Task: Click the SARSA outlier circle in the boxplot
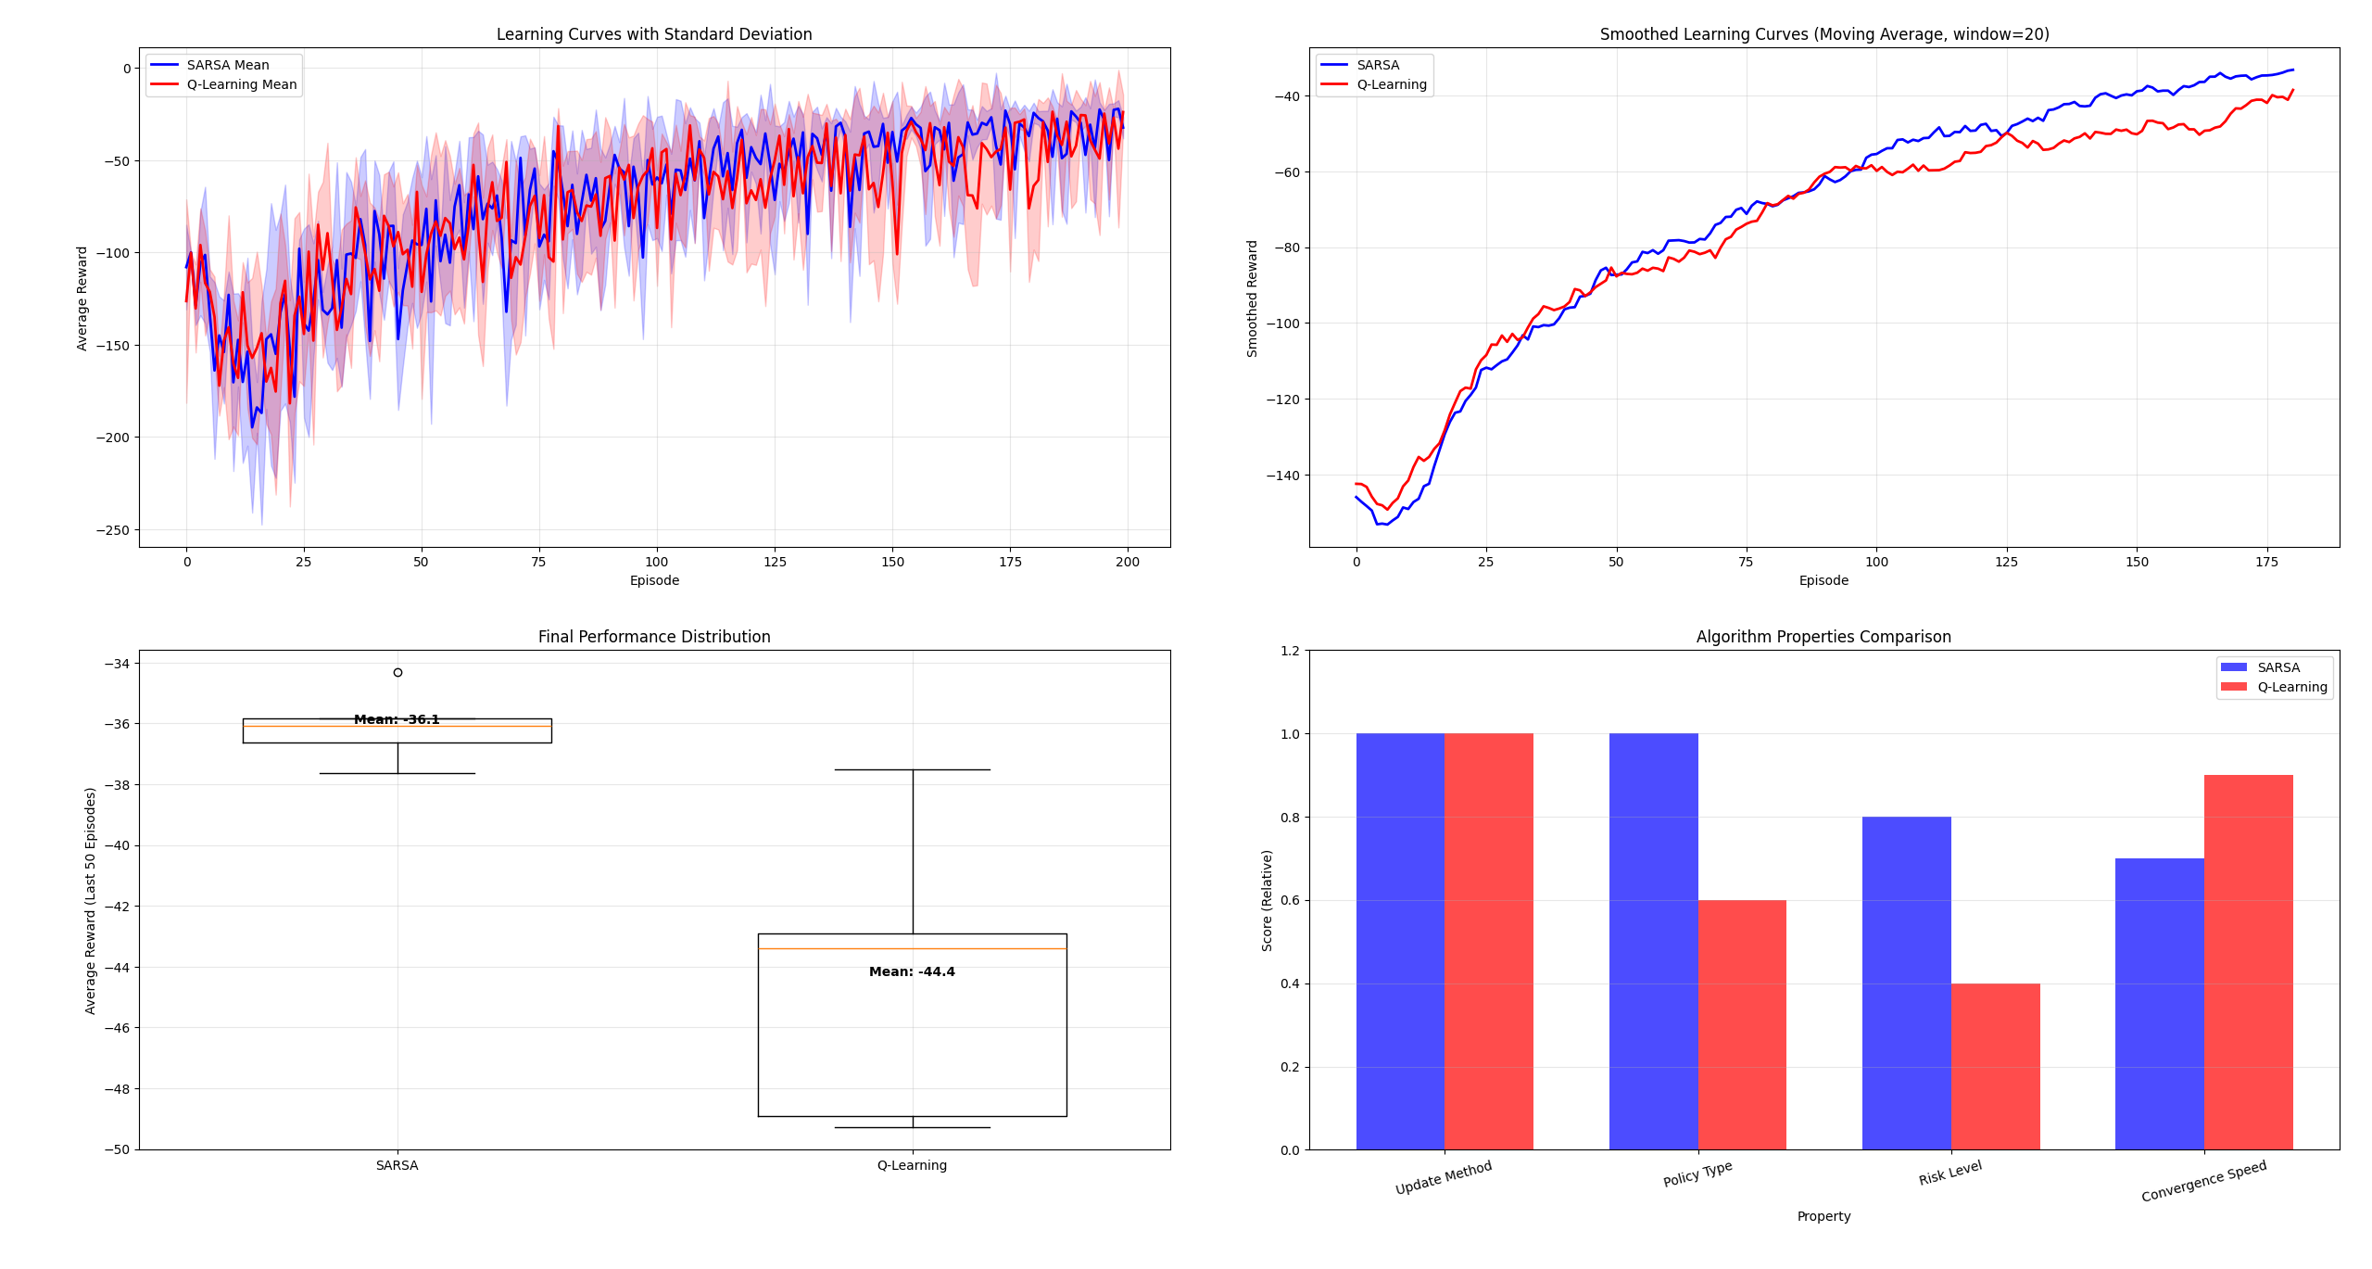tap(397, 672)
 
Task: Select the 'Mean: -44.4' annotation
tap(912, 971)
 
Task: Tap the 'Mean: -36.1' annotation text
tap(397, 719)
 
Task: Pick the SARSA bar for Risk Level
tap(1906, 983)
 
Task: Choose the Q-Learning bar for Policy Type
tap(1742, 1024)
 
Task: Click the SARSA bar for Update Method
tap(1400, 941)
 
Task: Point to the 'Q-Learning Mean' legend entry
tap(242, 84)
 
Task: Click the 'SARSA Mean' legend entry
tap(228, 65)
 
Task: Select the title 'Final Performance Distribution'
tap(654, 637)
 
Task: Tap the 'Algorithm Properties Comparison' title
tap(1823, 637)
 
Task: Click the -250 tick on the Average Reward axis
tap(113, 530)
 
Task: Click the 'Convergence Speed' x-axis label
tap(2203, 1181)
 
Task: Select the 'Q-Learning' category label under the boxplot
tap(912, 1165)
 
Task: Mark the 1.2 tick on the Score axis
tap(1290, 651)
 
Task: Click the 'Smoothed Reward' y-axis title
tap(1253, 298)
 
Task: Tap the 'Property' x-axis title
tap(1823, 1216)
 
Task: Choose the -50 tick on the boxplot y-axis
tap(119, 1149)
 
